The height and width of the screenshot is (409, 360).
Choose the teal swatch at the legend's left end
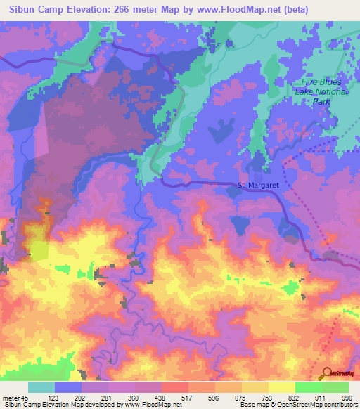point(41,387)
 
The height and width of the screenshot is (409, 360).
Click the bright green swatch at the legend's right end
point(335,387)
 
